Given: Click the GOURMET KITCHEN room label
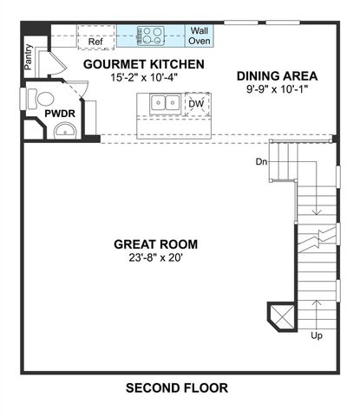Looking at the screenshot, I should pyautogui.click(x=144, y=64).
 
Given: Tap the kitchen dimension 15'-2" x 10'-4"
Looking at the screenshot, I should pyautogui.click(x=144, y=77).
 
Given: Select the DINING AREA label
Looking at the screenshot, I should pyautogui.click(x=276, y=75).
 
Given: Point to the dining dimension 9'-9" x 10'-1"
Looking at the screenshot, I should pyautogui.click(x=276, y=88).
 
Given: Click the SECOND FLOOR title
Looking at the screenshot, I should pyautogui.click(x=176, y=388).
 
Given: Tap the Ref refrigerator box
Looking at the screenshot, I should pyautogui.click(x=95, y=39).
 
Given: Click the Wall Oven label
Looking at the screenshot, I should pyautogui.click(x=200, y=36).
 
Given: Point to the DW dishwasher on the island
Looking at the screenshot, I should pyautogui.click(x=197, y=103).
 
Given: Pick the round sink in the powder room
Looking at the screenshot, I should pyautogui.click(x=64, y=131).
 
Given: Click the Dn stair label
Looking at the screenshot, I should pyautogui.click(x=260, y=161).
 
